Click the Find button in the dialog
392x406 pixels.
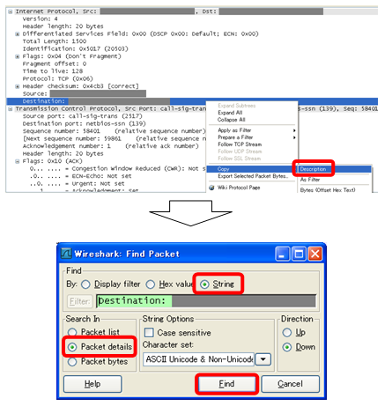pos(225,385)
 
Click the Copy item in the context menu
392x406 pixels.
pos(225,169)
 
